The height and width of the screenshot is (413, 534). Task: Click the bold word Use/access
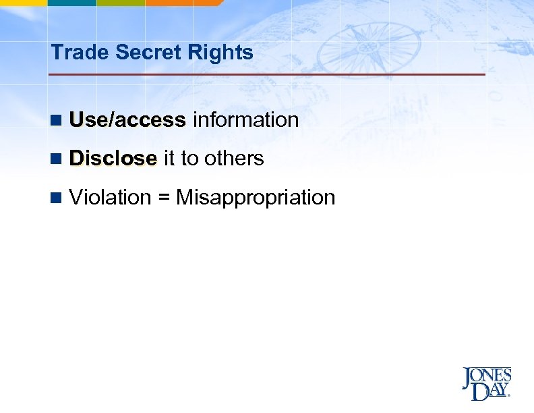(127, 120)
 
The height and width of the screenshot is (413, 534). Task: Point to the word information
(245, 120)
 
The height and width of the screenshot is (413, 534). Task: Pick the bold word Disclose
(113, 159)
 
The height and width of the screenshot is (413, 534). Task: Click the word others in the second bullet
(234, 159)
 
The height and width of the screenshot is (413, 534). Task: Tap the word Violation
(110, 198)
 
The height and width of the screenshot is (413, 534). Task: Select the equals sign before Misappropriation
(164, 198)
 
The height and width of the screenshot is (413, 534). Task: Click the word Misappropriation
(256, 198)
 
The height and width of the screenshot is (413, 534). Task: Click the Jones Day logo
(487, 383)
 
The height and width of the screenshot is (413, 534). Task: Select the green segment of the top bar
(121, 3)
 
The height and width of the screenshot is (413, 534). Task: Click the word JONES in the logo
(487, 375)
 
